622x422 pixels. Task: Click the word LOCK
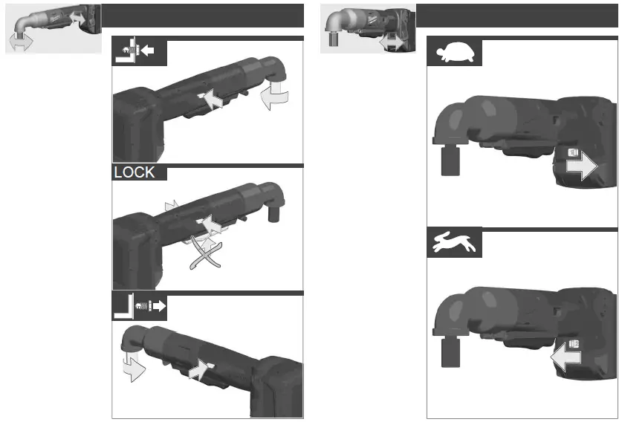click(x=135, y=172)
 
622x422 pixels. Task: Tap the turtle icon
click(x=453, y=52)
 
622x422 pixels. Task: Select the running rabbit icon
click(x=453, y=243)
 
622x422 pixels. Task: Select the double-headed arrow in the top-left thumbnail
click(x=21, y=43)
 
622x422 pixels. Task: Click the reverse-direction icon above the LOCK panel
click(x=138, y=53)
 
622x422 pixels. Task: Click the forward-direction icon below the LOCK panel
click(x=139, y=305)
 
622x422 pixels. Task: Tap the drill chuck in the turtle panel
click(x=448, y=159)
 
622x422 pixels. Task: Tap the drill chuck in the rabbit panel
click(x=448, y=351)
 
